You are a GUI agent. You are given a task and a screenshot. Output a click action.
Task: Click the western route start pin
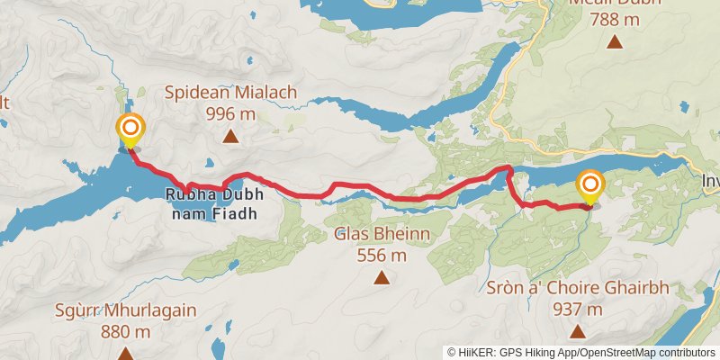click(x=130, y=130)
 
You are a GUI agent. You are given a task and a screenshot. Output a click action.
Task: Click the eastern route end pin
click(x=590, y=186)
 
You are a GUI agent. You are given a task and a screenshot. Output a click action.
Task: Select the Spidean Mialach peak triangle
click(x=230, y=137)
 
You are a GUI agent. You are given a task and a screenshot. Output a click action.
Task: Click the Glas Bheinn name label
click(x=382, y=235)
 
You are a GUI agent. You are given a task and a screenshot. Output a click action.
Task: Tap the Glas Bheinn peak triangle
click(x=382, y=278)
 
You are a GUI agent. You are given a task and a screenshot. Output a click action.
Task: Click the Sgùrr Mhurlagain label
click(x=124, y=310)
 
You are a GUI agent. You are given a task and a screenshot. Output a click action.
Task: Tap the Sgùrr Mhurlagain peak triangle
click(x=124, y=354)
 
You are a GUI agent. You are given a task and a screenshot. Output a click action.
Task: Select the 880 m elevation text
click(x=124, y=331)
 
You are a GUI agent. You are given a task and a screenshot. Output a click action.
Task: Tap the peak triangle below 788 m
click(x=615, y=40)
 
